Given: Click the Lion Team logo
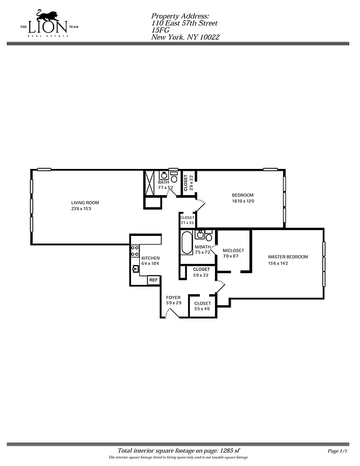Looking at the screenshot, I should [x=49, y=23].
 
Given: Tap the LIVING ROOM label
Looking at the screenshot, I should [x=85, y=203].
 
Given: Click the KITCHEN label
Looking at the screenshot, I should [x=150, y=258].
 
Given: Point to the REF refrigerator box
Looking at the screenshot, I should [x=153, y=280].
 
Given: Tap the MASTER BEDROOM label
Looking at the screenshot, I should [x=288, y=257].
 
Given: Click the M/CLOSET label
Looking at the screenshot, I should [x=233, y=250].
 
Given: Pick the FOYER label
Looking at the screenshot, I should [x=173, y=298].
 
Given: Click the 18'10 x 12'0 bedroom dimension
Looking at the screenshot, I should [x=243, y=202].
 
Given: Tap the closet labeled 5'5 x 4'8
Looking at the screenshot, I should [x=202, y=306].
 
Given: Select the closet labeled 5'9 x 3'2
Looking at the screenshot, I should [x=201, y=272].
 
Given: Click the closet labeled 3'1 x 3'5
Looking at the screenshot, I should [x=187, y=220].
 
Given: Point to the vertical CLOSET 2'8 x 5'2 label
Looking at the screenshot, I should [x=188, y=183].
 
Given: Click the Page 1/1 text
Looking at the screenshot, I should [x=338, y=451].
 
